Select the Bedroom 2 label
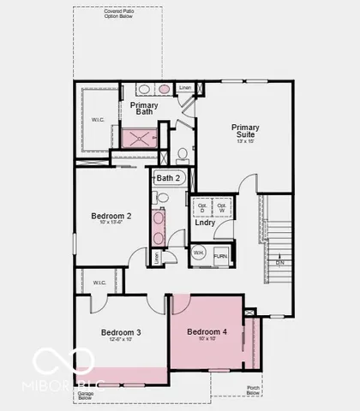pos(111,217)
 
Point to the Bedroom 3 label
pos(121,332)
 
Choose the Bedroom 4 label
pos(207,331)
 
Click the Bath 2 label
pos(168,178)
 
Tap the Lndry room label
pos(205,223)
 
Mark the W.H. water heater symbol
pos(198,253)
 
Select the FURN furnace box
pos(220,255)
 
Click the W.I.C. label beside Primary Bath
pos(99,119)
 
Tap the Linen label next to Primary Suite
pos(185,87)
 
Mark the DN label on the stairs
pos(279,263)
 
